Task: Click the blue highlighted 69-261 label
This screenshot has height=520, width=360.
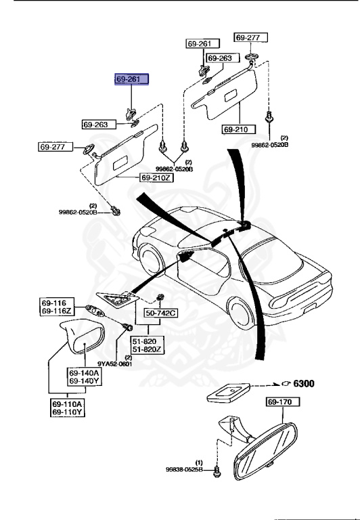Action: pos(131,79)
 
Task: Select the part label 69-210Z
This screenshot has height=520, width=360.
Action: pos(156,177)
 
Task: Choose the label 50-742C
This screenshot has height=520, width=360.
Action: pos(160,313)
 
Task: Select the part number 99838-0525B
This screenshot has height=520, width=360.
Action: pos(183,469)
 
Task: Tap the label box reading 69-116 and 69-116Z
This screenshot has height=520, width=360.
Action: pos(55,306)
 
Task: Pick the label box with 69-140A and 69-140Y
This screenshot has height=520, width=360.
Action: pos(83,377)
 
